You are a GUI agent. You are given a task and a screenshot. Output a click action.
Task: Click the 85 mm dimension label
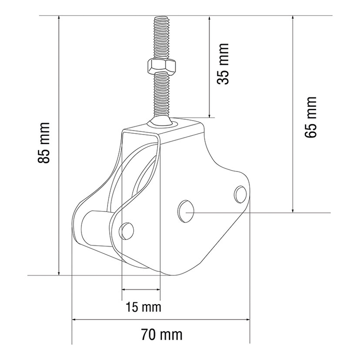(x=44, y=143)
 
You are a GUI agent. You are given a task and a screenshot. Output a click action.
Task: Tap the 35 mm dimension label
(x=223, y=63)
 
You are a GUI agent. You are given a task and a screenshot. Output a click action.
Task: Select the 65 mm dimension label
(x=310, y=117)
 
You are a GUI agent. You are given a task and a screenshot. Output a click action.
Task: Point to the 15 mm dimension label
(x=144, y=307)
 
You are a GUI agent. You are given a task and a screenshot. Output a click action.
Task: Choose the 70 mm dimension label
(x=162, y=335)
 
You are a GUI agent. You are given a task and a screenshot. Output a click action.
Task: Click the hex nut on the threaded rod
(x=162, y=66)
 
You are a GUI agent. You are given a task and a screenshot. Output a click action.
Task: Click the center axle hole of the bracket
(x=186, y=211)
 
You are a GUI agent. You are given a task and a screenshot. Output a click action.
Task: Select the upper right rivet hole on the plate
(x=241, y=194)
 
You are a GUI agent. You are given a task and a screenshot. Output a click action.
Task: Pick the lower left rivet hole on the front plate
(x=126, y=231)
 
